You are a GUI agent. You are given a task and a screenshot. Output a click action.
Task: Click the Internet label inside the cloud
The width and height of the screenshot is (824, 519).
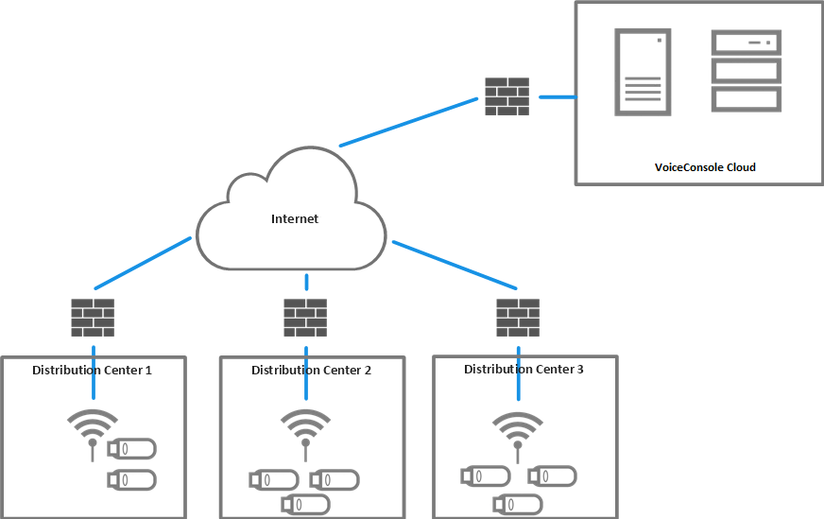tap(295, 218)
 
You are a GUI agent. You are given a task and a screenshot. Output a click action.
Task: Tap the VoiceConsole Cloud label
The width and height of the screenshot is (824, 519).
tap(705, 167)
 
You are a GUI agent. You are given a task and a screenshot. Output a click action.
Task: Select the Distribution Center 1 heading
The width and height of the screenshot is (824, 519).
tap(92, 370)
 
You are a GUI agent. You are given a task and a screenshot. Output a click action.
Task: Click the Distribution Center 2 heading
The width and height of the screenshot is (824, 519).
tap(311, 371)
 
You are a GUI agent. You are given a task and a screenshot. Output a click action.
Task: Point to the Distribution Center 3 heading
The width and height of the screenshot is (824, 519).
tap(524, 369)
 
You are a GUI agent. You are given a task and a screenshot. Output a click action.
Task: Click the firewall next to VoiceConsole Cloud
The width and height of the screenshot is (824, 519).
tap(507, 95)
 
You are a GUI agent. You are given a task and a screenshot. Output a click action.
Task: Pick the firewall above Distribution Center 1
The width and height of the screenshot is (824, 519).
tap(93, 318)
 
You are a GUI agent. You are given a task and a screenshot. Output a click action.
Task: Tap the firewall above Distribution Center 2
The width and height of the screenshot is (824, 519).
tap(305, 318)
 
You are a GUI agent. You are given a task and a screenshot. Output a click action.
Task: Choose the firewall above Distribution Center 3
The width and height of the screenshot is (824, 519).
tap(518, 318)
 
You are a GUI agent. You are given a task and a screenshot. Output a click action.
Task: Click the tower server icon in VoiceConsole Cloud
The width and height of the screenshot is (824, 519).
tap(643, 72)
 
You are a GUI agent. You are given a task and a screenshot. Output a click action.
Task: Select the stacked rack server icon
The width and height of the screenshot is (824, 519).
tap(747, 71)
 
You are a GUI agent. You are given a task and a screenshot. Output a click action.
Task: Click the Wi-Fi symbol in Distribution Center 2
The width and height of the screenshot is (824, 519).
tap(305, 426)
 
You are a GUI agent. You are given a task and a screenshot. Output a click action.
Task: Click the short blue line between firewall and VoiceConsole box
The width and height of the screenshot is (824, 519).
tap(558, 96)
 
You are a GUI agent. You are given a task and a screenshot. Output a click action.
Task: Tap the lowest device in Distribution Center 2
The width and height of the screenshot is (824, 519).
tap(305, 505)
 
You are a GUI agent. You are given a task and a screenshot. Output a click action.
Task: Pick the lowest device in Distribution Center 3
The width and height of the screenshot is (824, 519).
tap(517, 503)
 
